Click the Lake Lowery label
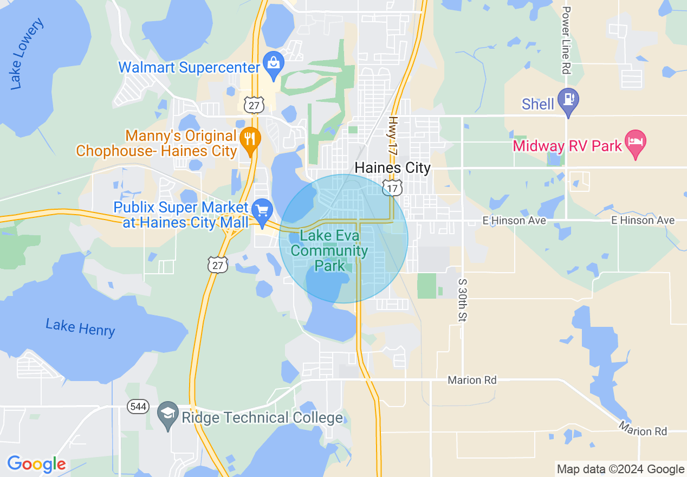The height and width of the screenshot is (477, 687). (26, 54)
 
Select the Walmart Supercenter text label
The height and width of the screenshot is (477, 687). (189, 68)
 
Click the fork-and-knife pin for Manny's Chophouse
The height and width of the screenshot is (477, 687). (250, 139)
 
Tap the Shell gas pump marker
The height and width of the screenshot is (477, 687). (568, 100)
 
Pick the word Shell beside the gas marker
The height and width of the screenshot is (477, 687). (537, 104)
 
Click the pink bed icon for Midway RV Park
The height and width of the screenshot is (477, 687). (635, 141)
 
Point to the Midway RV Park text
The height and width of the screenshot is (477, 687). (567, 146)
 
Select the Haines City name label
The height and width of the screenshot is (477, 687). (392, 168)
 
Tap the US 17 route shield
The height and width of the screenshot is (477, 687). (391, 188)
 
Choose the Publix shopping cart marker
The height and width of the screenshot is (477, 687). (263, 210)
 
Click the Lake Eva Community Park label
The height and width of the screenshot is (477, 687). (330, 251)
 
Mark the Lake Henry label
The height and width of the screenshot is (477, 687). (80, 328)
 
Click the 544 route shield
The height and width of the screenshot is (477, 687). (139, 407)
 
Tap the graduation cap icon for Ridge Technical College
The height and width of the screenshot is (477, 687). (168, 413)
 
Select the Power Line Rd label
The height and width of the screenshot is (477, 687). (567, 40)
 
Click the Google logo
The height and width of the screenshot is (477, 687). (36, 464)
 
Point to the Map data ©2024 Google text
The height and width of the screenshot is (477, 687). (620, 469)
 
